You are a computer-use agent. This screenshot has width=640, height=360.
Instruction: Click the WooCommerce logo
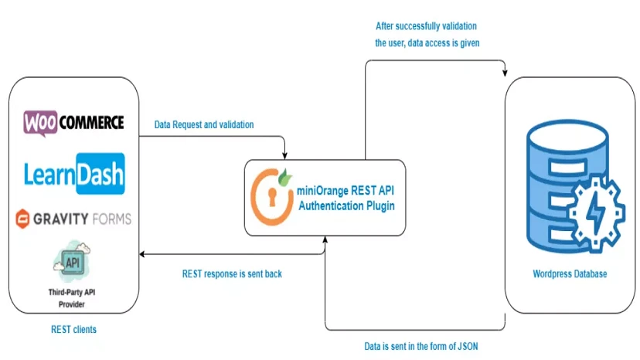73,122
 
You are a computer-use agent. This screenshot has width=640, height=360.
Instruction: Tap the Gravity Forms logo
73,219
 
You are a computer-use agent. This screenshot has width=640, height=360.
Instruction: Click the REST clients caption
73,330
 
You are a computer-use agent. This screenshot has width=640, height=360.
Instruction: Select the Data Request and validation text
204,124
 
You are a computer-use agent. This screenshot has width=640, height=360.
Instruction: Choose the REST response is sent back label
233,273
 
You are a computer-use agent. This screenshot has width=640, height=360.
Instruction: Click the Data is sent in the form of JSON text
421,346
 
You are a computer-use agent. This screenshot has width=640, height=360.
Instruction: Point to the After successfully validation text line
427,26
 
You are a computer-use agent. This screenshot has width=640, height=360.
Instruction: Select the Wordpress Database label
570,274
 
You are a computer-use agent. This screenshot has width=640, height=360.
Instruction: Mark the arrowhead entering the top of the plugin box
285,155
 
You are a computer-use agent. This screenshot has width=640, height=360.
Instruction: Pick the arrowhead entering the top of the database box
506,73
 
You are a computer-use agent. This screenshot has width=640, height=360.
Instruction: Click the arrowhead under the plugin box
325,240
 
